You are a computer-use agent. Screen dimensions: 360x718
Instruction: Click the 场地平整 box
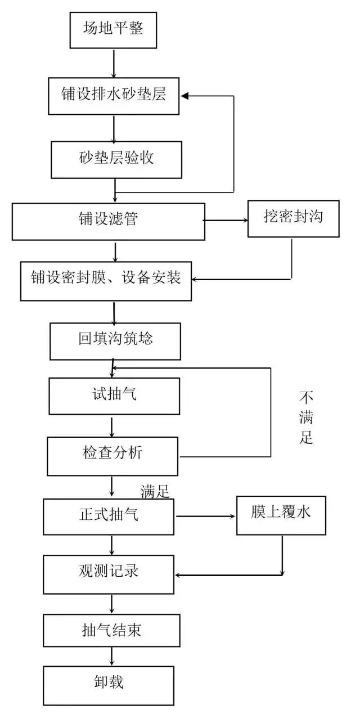113,30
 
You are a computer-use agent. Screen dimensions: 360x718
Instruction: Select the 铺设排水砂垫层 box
114,96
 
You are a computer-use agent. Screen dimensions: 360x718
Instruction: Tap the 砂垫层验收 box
116,160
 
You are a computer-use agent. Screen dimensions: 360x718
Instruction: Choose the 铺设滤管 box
108,221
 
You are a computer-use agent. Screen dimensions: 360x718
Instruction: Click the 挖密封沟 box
294,218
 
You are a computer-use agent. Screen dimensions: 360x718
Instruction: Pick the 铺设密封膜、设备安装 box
106,281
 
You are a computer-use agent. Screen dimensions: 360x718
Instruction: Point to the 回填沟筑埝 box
115,341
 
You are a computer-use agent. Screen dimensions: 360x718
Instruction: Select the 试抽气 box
114,396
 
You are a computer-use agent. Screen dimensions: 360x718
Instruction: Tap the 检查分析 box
112,456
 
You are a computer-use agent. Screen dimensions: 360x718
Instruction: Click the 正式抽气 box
109,517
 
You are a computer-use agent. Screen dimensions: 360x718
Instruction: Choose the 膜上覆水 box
281,515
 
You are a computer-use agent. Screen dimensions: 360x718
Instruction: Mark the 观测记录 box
109,575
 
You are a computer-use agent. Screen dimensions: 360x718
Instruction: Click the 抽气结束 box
111,630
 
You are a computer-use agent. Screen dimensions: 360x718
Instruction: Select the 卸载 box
109,685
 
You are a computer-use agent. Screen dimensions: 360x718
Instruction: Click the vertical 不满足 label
306,418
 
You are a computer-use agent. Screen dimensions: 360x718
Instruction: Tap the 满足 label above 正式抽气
155,491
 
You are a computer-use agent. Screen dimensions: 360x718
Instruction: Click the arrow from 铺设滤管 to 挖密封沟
226,220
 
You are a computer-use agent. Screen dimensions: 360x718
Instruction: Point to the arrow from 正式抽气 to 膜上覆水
205,516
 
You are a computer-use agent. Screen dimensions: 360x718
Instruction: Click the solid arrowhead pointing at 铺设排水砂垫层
184,96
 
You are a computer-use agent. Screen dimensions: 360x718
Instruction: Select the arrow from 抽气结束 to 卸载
111,656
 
